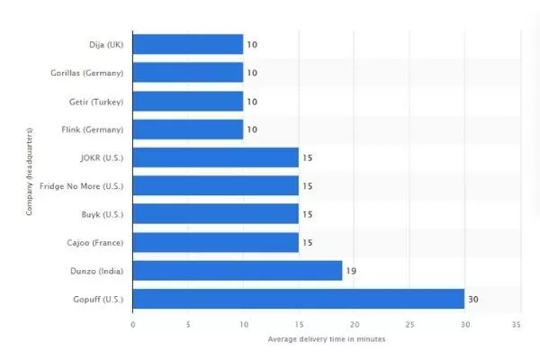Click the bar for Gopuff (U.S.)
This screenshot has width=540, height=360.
[298, 298]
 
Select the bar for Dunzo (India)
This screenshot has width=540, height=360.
[238, 270]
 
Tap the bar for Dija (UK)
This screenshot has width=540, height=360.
[188, 44]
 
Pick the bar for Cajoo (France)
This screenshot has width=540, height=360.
[216, 242]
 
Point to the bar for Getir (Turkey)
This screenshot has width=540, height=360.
[188, 101]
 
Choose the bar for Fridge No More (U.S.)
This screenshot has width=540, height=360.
[216, 185]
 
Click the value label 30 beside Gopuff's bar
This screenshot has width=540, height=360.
[472, 298]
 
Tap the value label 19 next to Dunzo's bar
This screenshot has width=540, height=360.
[351, 270]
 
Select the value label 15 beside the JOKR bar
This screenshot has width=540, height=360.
[307, 157]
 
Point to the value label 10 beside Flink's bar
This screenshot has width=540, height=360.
[252, 129]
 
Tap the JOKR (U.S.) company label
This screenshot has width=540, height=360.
[101, 157]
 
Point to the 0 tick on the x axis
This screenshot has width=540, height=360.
[133, 323]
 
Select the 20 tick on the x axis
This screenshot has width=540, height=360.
[355, 323]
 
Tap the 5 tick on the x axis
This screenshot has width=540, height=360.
[188, 323]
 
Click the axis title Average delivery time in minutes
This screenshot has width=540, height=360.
[324, 339]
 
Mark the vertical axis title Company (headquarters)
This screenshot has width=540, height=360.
[29, 172]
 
